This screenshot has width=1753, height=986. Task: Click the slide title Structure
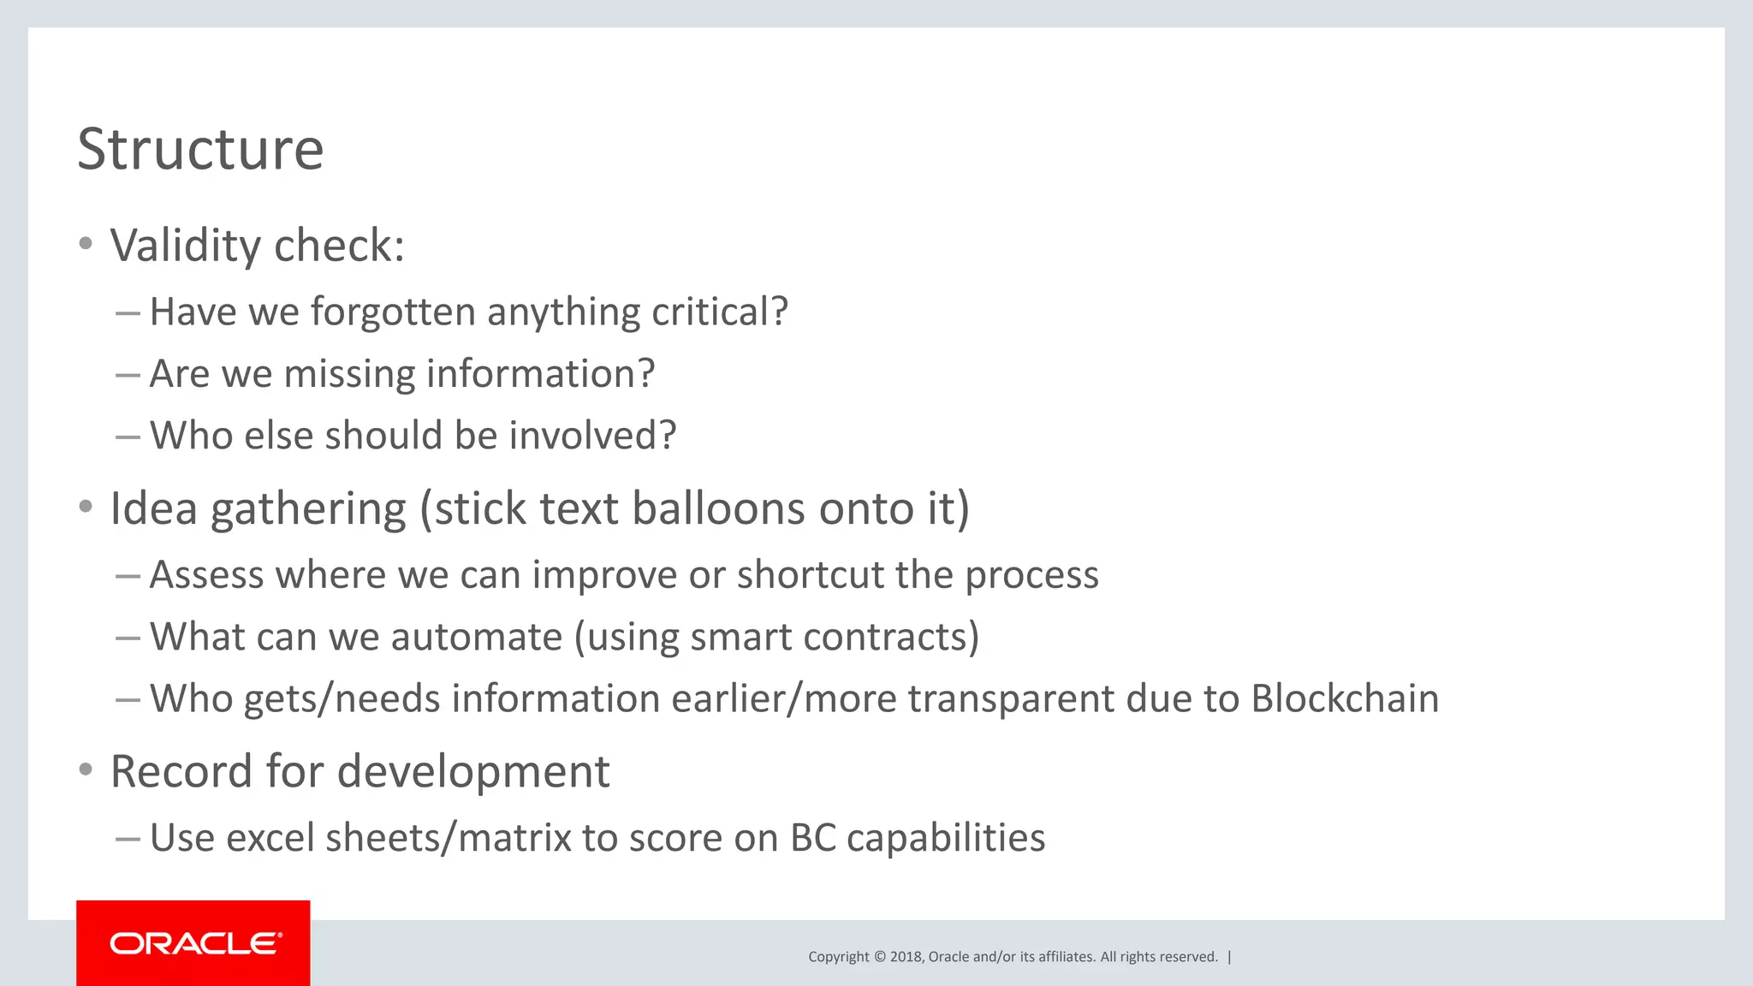(200, 150)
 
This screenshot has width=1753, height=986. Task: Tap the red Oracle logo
(193, 942)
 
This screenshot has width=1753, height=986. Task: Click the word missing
(349, 374)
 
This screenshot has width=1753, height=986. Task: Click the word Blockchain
(1345, 698)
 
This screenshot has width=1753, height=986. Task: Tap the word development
(473, 772)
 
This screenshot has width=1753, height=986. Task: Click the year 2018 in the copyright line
(906, 957)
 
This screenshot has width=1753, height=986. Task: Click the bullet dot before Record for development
(86, 770)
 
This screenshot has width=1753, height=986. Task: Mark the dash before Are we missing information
(128, 375)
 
